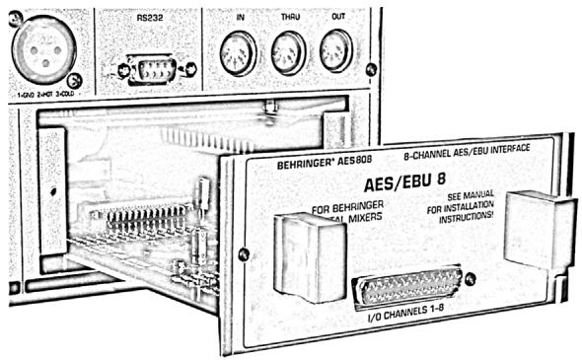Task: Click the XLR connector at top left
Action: point(42,50)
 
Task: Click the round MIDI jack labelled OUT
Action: point(335,49)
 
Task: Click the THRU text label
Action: point(288,18)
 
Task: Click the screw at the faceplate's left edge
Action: point(243,254)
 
